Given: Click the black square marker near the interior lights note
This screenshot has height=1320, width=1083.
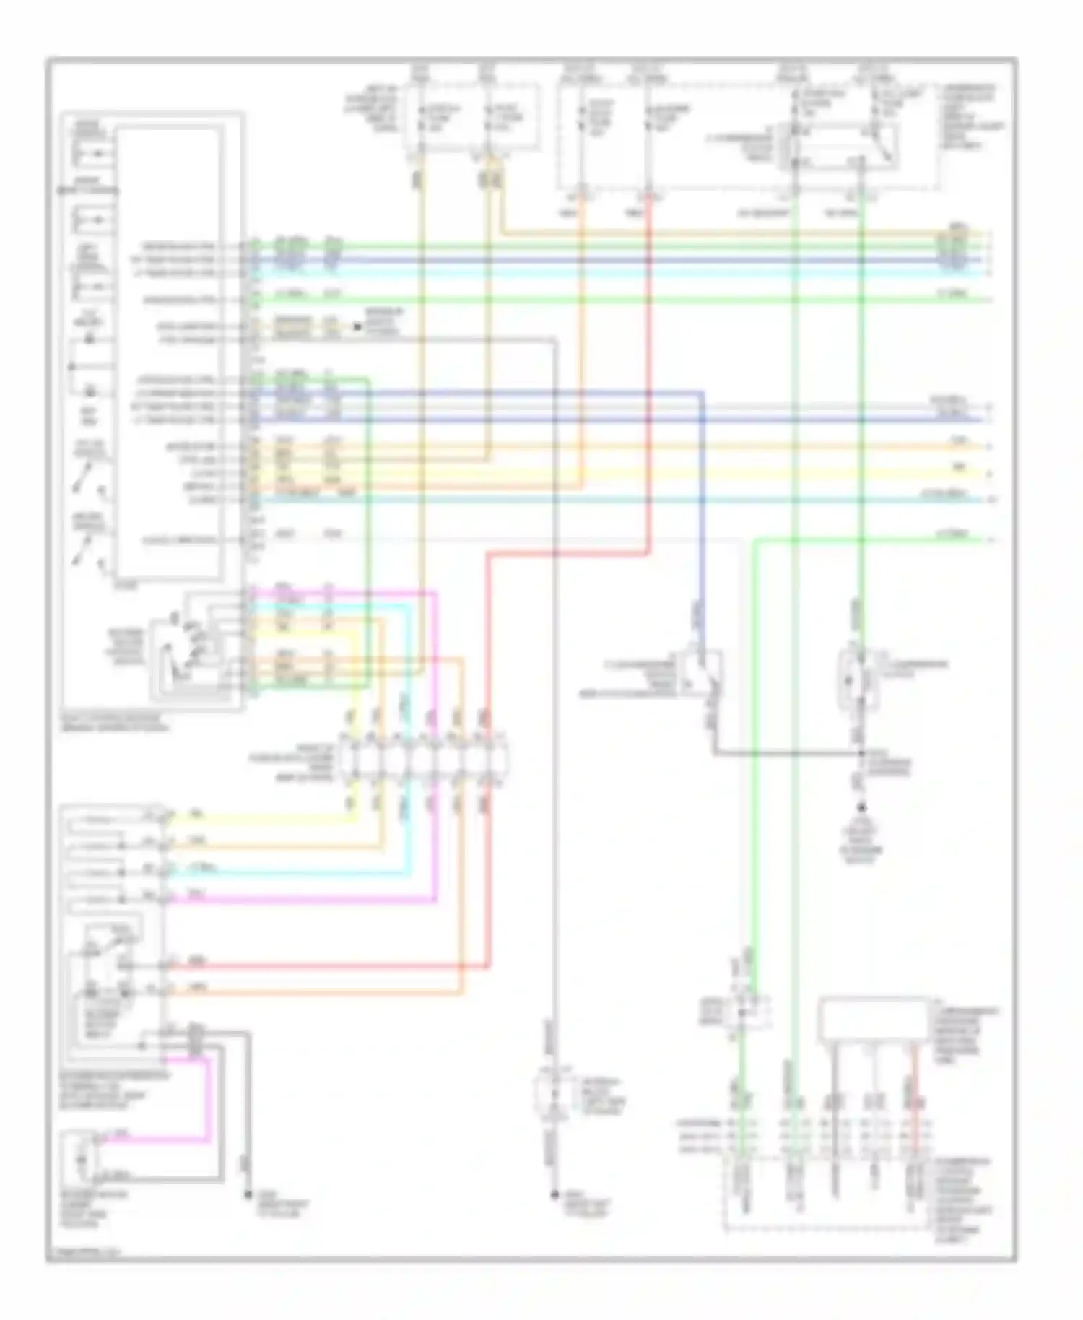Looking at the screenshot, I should pos(357,326).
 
